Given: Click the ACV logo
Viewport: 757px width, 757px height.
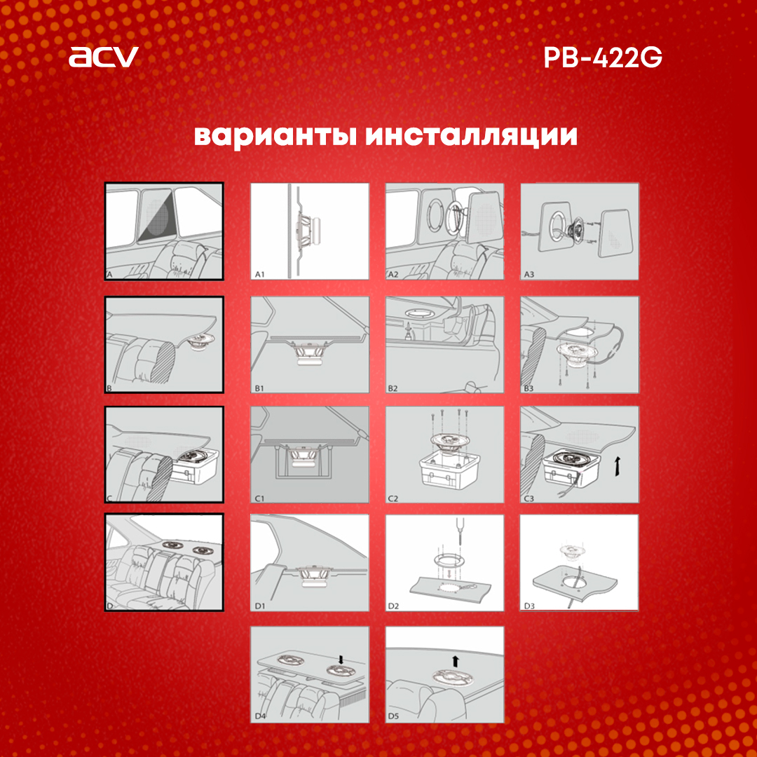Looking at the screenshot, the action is coord(103,57).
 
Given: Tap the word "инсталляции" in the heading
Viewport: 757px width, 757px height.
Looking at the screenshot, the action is coord(472,137).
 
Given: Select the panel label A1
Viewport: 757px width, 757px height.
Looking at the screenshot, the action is coord(260,274).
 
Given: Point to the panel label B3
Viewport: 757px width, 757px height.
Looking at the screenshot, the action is coord(528,388).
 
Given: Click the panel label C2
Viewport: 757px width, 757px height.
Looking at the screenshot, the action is coord(393,498).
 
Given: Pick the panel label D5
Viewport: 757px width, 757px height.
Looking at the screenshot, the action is coord(393,716).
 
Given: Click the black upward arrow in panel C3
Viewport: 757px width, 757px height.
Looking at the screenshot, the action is coord(617,467).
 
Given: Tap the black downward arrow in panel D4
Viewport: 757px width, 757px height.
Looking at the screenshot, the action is coord(341,660).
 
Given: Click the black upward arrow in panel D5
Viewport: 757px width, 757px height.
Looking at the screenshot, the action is coord(456,661).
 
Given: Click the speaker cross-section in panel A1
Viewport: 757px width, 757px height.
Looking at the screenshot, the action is coord(306,232).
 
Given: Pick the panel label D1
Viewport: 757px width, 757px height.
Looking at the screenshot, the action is coord(260,606).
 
